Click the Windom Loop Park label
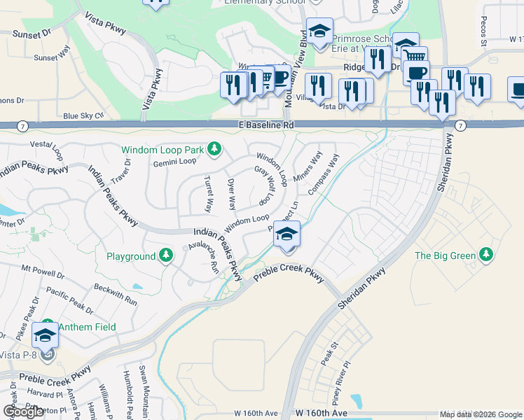[x=162, y=150]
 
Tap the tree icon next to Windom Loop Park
[x=215, y=149]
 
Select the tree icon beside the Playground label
[x=166, y=256]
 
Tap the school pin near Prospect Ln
[x=287, y=235]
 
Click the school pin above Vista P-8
[x=46, y=336]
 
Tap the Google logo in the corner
[x=23, y=412]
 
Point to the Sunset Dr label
[x=32, y=32]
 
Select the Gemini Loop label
[x=174, y=161]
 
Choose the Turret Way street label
[x=208, y=195]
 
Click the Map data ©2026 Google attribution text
[x=481, y=414]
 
